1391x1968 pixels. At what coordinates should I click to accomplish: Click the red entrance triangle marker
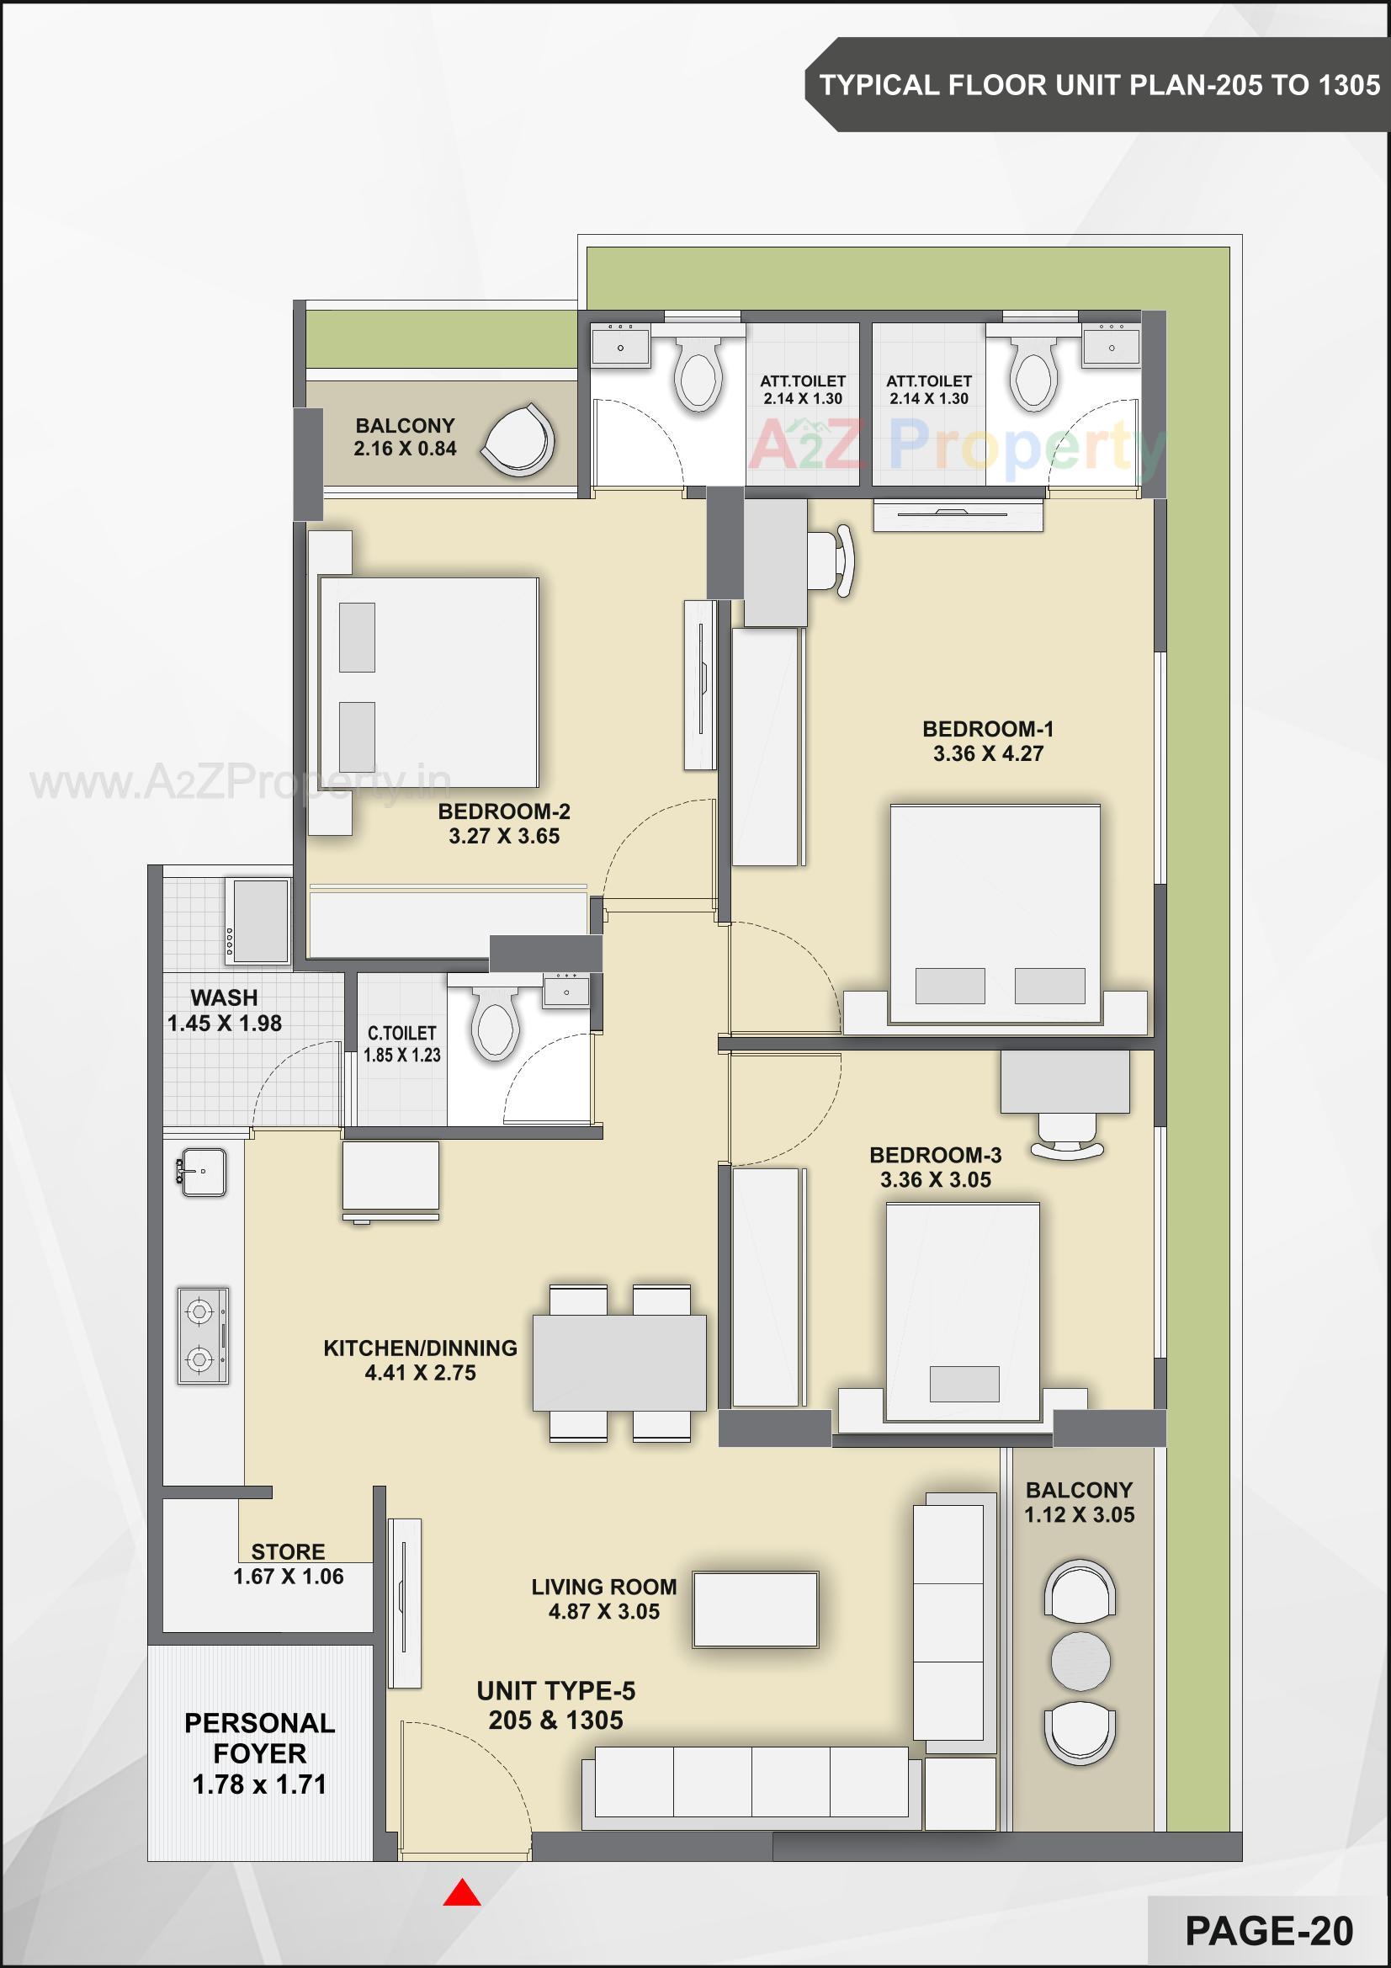[461, 1892]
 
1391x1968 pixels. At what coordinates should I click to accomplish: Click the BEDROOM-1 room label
[987, 730]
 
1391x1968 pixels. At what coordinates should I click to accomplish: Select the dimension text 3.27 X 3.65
[504, 837]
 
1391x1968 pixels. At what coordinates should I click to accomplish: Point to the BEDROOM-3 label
[935, 1155]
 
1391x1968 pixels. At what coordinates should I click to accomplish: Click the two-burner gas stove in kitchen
[202, 1335]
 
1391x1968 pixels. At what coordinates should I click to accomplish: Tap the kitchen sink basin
[202, 1172]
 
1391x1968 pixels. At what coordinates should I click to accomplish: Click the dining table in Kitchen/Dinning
[619, 1363]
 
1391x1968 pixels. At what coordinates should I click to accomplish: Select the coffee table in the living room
[755, 1609]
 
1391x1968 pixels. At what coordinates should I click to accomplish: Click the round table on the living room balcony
[1080, 1661]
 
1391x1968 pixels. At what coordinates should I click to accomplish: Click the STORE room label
[288, 1551]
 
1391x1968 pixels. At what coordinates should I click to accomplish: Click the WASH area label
[224, 997]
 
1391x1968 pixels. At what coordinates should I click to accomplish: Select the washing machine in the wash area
[257, 921]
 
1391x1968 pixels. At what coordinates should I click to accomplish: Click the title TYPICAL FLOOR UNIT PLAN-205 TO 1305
[1099, 85]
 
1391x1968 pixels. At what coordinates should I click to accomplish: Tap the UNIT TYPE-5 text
[555, 1691]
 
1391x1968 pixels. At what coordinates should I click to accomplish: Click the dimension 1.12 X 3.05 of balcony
[1079, 1514]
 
